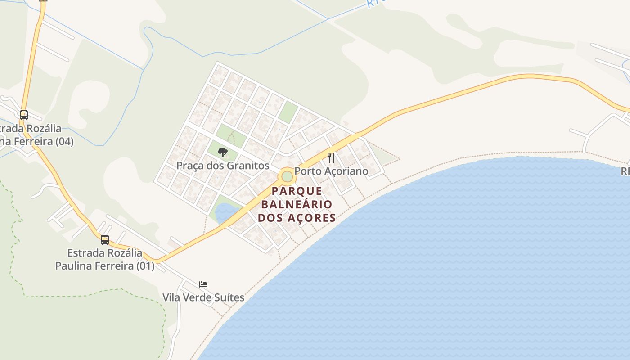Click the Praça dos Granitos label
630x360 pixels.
(x=223, y=166)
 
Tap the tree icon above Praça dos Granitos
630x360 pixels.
(x=222, y=153)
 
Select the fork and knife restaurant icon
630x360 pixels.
(x=331, y=157)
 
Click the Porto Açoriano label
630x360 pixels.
(x=331, y=171)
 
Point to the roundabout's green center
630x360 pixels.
(x=287, y=176)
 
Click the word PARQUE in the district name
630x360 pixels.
(x=297, y=191)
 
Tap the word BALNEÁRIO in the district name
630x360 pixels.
(x=297, y=204)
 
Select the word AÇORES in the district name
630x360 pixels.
(x=313, y=218)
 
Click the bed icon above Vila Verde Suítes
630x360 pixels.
(x=203, y=284)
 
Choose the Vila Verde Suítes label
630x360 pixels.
(x=203, y=297)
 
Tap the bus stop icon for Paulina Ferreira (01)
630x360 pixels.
(x=105, y=239)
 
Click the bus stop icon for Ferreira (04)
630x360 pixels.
(x=23, y=115)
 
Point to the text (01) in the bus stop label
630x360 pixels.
(x=145, y=266)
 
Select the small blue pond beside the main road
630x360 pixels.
(x=225, y=212)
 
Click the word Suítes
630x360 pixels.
(x=230, y=297)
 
